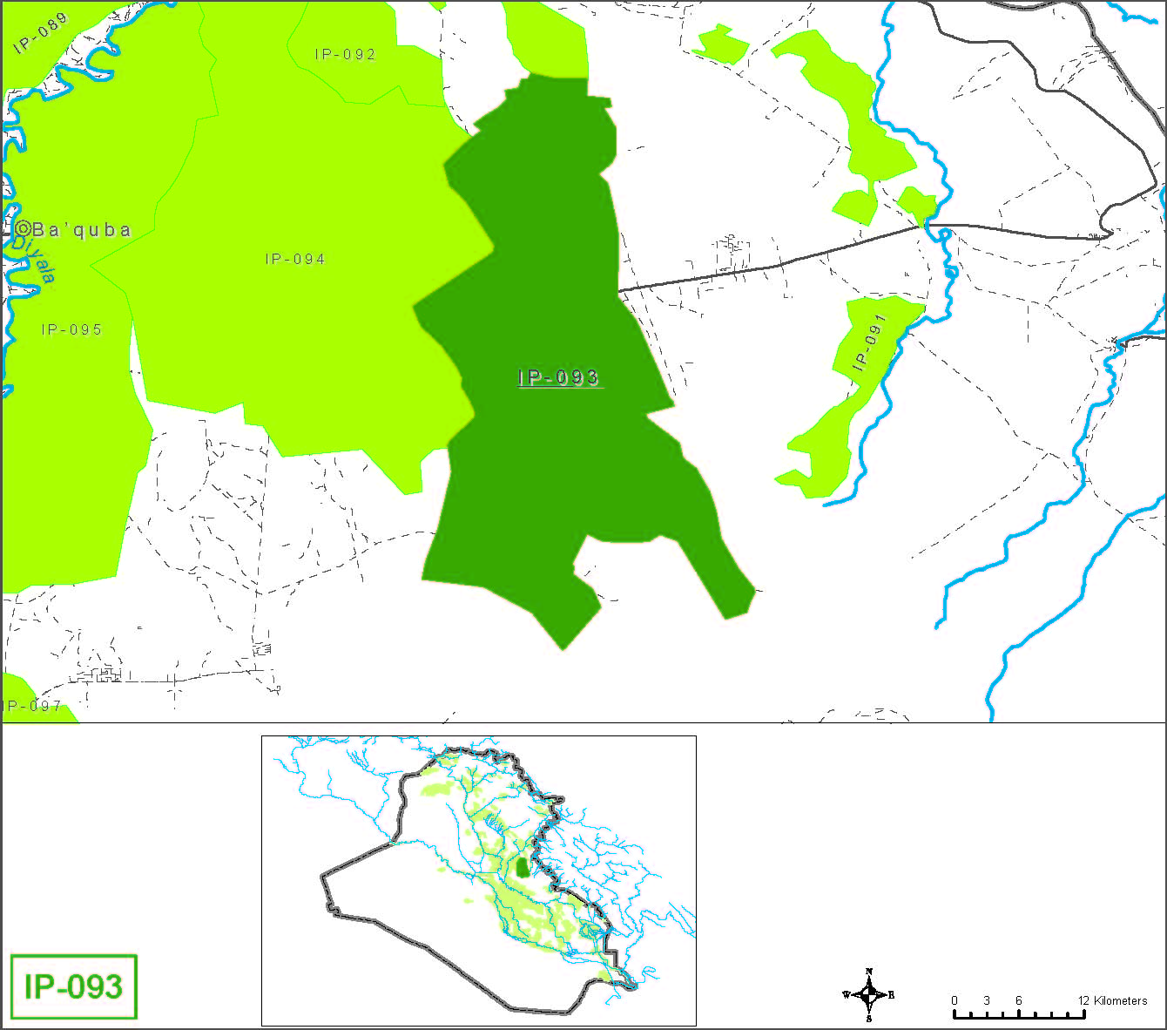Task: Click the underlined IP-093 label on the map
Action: coord(558,377)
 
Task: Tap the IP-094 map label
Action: coord(295,259)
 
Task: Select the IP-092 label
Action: coord(346,54)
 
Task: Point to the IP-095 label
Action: coord(72,329)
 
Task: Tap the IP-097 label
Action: coord(33,706)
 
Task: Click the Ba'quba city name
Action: coord(82,230)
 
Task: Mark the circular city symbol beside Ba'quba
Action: coord(24,229)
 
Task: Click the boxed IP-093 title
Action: coord(73,986)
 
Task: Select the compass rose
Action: coord(868,994)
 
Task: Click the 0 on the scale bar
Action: coord(955,1000)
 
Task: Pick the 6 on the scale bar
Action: coord(1018,1000)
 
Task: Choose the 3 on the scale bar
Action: coord(987,1000)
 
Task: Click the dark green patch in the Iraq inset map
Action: coord(522,867)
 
